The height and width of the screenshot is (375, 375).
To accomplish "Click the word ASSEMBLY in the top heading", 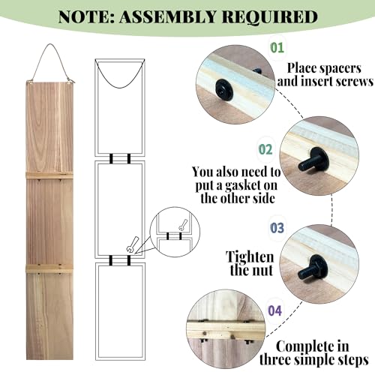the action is point(167,16).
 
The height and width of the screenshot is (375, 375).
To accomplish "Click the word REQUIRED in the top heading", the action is point(270,17).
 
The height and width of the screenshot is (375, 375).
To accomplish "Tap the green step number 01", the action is point(277,47).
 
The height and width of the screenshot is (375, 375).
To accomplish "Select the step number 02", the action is point(265,149).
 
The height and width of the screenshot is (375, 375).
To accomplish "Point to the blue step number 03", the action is point(277,228).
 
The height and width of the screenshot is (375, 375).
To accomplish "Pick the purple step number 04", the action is point(275,310).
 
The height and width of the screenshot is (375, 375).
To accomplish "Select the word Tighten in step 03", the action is point(250,256).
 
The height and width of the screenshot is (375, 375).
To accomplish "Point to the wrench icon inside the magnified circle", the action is point(183,225).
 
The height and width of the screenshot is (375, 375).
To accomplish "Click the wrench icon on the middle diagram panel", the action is point(132,244).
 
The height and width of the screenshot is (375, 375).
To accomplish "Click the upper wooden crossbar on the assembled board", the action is point(49,175).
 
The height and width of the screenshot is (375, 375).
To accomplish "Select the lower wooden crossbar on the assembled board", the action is point(49,268).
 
